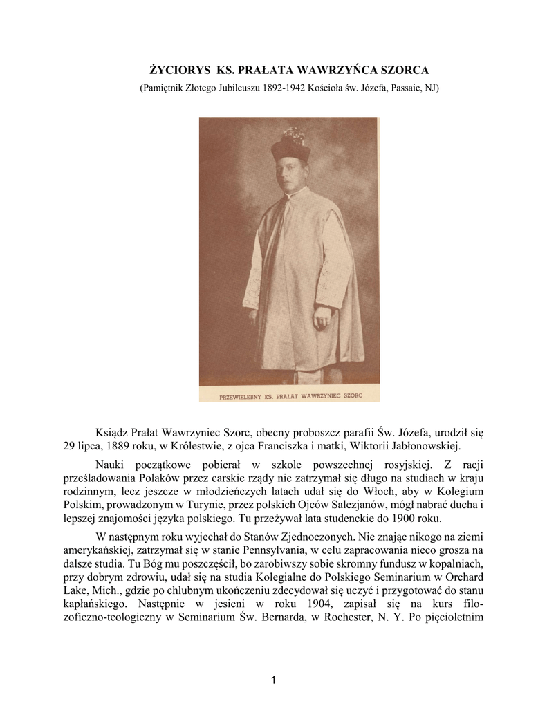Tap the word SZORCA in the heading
pos(404,71)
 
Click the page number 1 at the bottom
pos(273,680)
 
